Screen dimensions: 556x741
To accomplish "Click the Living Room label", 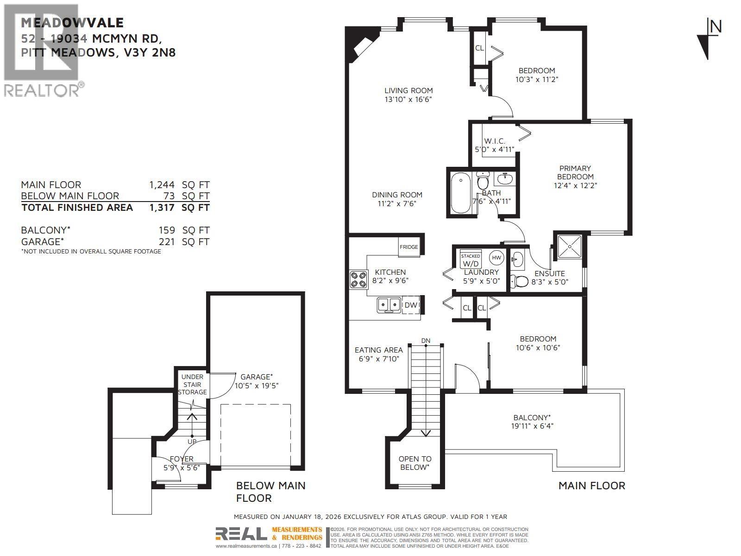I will pyautogui.click(x=408, y=91).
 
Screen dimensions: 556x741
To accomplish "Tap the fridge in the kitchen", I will pyautogui.click(x=408, y=247).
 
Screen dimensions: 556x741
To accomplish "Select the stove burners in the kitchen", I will pyautogui.click(x=358, y=279).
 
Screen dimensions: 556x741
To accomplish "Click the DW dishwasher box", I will pyautogui.click(x=411, y=305).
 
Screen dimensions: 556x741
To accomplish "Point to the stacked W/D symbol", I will pyautogui.click(x=471, y=260).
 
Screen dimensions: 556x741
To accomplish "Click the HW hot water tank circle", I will pyautogui.click(x=496, y=258).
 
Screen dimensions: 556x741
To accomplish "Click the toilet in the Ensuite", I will pyautogui.click(x=519, y=281).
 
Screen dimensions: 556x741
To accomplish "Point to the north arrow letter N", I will pyautogui.click(x=716, y=27).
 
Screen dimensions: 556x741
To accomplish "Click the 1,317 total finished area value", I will pyautogui.click(x=162, y=208).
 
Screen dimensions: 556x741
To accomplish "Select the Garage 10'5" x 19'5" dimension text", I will pyautogui.click(x=257, y=385).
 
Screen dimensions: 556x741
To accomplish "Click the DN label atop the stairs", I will pyautogui.click(x=426, y=341).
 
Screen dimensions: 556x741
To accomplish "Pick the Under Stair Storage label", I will pyautogui.click(x=192, y=385).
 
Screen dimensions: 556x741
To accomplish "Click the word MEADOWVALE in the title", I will pyautogui.click(x=72, y=23).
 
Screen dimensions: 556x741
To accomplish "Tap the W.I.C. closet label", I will pyautogui.click(x=495, y=141).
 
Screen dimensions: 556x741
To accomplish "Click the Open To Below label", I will pyautogui.click(x=415, y=463).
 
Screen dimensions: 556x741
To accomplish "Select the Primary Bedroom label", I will pyautogui.click(x=575, y=172).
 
